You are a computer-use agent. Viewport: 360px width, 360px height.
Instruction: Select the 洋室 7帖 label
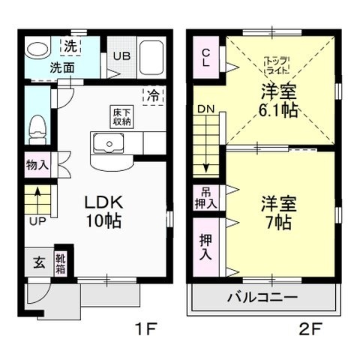277,212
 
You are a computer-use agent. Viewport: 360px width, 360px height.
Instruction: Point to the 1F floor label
145,328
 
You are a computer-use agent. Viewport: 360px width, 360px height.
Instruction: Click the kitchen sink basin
110,143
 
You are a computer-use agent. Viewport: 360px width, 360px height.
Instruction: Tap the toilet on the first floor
35,130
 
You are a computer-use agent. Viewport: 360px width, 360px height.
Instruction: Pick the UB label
120,55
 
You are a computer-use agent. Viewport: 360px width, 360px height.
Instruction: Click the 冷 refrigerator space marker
152,96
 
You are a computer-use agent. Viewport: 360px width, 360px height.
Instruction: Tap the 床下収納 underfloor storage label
118,117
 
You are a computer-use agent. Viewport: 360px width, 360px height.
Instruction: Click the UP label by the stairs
36,221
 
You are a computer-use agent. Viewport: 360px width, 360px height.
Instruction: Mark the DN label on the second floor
205,109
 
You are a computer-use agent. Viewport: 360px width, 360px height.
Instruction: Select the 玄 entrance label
37,263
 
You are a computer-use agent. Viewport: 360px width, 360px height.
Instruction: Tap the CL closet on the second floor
205,58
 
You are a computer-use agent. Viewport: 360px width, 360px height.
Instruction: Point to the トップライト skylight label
277,64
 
